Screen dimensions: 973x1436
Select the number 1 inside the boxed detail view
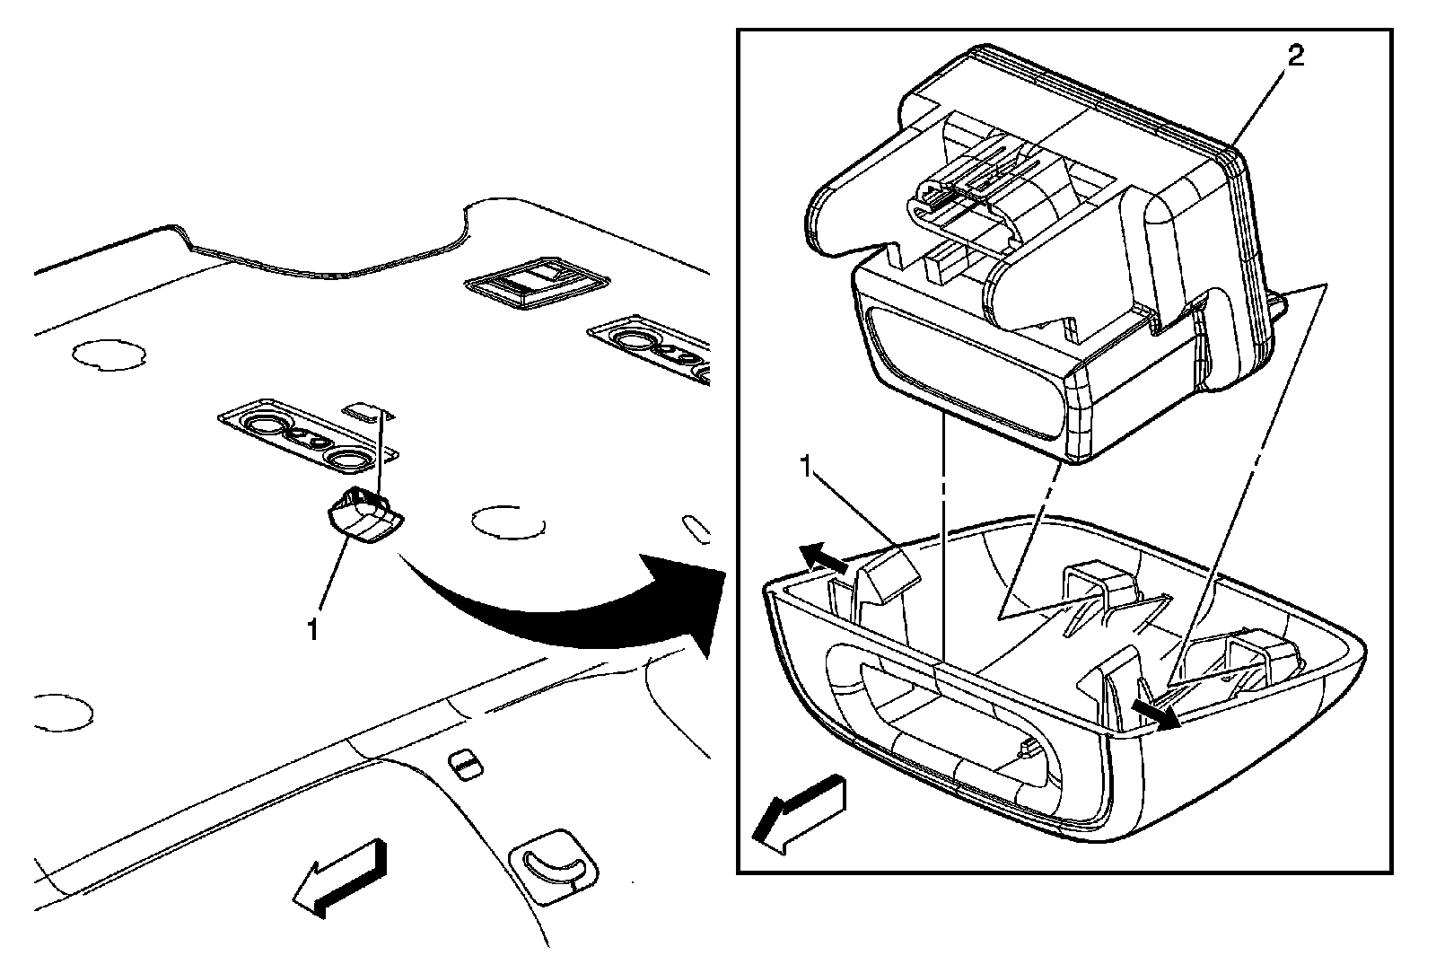click(808, 467)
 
